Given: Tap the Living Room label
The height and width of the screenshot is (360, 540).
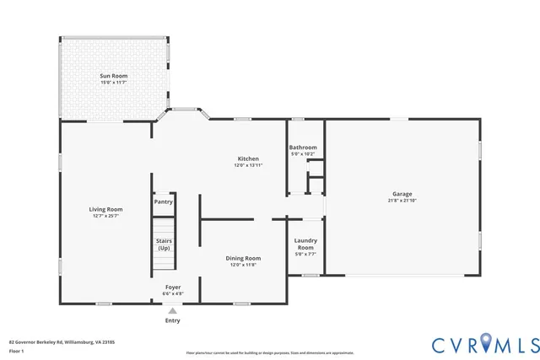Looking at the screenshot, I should point(106,209).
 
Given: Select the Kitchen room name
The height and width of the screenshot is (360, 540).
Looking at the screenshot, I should point(247,159).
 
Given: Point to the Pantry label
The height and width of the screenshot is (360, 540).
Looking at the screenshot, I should point(164,202).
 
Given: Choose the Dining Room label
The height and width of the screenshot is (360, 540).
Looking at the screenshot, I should point(242,258).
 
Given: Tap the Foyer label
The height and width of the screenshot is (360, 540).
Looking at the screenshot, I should point(173,287).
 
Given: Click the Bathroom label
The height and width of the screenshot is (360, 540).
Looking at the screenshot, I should point(302,147).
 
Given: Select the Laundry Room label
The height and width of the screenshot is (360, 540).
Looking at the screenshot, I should point(305,244).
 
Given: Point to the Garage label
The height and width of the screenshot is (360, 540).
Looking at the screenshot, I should point(402,193).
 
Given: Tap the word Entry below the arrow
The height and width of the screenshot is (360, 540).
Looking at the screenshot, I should point(173,320).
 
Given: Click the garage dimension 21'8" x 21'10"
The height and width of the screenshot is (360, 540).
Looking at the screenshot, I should point(402,201).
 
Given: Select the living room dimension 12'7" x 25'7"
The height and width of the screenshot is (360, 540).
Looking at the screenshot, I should point(106,216).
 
